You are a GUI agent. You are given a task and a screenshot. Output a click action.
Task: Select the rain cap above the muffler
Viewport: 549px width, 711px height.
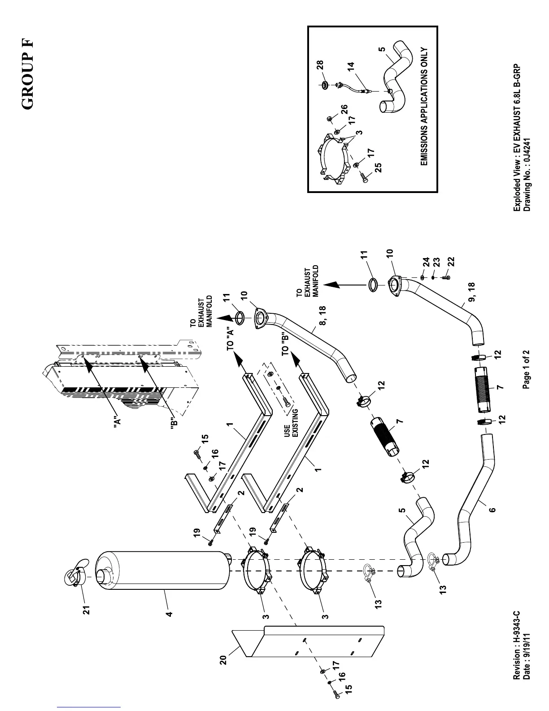pyautogui.click(x=74, y=572)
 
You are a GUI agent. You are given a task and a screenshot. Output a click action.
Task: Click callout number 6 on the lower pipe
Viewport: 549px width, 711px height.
pyautogui.click(x=492, y=510)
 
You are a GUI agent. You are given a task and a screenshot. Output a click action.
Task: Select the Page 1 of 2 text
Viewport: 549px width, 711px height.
pyautogui.click(x=527, y=362)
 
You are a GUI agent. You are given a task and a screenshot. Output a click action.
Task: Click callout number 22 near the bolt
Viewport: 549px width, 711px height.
pyautogui.click(x=451, y=261)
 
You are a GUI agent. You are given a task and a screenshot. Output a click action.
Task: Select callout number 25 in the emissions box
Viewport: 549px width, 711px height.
pyautogui.click(x=378, y=167)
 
